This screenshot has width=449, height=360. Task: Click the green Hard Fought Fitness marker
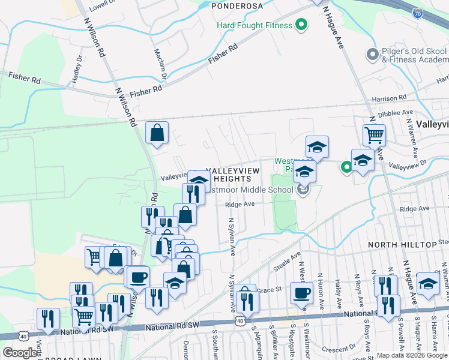(x=302, y=25)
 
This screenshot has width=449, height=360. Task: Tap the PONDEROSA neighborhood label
(x=237, y=5)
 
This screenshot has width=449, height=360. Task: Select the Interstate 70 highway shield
(x=418, y=12)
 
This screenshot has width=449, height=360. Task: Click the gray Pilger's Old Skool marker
(x=372, y=55)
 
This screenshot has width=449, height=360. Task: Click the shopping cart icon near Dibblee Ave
(x=374, y=136)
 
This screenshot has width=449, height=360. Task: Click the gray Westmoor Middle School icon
(x=303, y=191)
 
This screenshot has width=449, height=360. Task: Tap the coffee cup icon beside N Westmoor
(x=301, y=293)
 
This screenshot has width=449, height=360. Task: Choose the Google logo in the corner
(x=20, y=353)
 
